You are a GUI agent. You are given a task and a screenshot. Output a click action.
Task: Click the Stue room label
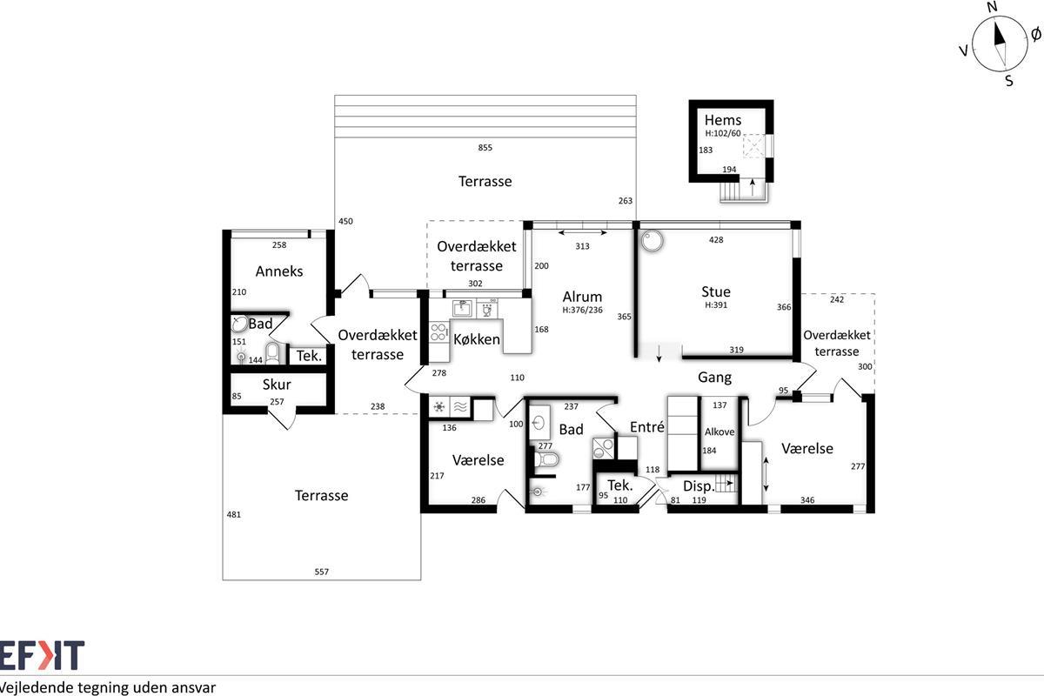(716, 291)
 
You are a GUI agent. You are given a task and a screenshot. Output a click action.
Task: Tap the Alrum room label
(582, 297)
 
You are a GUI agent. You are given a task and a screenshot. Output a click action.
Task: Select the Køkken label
(477, 339)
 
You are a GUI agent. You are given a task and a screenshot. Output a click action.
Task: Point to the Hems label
(722, 120)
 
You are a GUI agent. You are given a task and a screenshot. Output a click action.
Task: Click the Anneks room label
(279, 271)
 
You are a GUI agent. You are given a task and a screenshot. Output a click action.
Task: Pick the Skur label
(277, 385)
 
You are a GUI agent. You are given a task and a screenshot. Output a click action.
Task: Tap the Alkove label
(719, 432)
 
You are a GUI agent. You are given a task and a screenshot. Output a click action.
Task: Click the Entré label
(647, 427)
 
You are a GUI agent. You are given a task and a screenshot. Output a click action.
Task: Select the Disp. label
(699, 486)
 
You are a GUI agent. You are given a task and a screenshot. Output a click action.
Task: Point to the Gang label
(714, 377)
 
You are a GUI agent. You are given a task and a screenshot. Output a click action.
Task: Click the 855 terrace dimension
(485, 148)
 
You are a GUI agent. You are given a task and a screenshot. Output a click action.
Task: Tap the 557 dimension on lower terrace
(322, 572)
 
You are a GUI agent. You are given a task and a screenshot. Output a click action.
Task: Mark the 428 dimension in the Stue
(716, 240)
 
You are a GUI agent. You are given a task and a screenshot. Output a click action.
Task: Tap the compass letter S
(1009, 81)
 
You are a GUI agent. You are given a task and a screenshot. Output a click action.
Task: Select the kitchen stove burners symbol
(438, 331)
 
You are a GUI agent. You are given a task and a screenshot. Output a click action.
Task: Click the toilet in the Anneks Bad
(272, 353)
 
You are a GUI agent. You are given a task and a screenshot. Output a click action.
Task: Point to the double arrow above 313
(582, 232)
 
